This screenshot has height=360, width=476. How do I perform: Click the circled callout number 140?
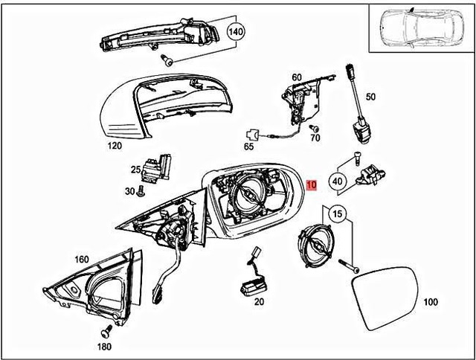(236, 32)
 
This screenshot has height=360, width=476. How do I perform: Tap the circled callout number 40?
(337, 179)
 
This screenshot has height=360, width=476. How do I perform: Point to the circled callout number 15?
(338, 214)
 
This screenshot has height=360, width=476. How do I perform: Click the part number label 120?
(114, 146)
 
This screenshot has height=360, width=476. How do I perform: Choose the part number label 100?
(430, 303)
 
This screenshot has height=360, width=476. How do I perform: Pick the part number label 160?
(82, 260)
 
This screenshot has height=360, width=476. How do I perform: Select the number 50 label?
(370, 97)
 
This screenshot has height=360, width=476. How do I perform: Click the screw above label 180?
(106, 328)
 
